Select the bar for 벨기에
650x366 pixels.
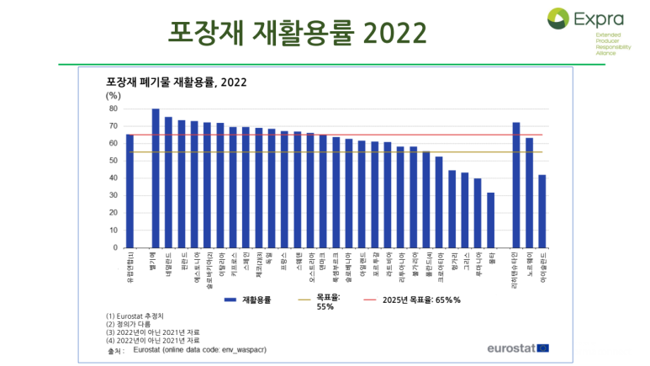[156, 178]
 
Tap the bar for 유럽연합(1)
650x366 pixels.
[129, 190]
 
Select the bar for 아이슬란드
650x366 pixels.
[542, 211]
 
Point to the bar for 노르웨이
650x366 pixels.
[529, 193]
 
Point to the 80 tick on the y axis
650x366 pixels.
[114, 109]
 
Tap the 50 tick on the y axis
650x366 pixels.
[114, 161]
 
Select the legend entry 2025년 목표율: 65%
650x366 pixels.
[412, 299]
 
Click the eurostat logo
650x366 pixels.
[518, 347]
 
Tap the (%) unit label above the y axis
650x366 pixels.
[114, 96]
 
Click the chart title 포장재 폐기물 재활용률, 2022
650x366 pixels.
[177, 82]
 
